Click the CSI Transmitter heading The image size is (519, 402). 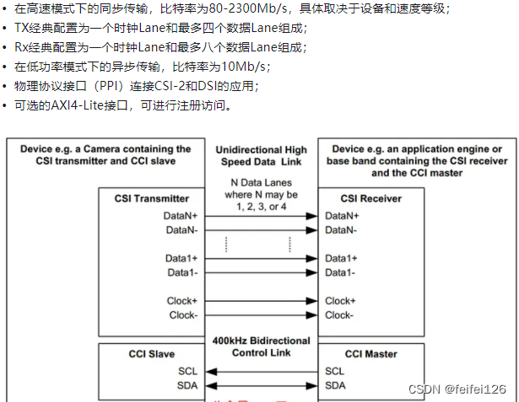tap(151, 199)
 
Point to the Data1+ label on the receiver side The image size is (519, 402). tap(341, 258)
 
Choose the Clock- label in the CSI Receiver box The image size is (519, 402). tap(339, 315)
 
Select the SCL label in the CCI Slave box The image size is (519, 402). tap(189, 371)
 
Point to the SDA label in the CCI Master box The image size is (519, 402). tap(335, 385)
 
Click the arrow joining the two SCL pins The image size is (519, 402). tap(262, 371)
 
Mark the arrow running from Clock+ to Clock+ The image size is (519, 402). tap(262, 301)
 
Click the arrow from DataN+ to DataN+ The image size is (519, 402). tap(262, 216)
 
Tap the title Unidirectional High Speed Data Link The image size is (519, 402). tap(262, 156)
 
